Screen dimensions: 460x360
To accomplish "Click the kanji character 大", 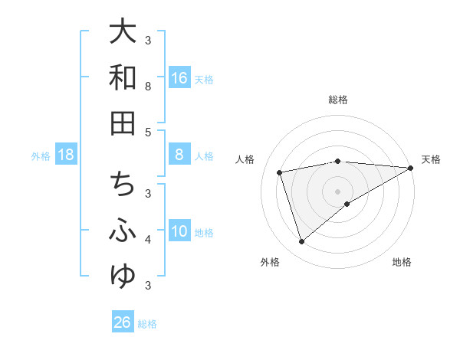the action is point(123,32).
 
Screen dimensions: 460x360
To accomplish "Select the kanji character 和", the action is point(123,77).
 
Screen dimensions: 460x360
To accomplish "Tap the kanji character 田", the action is point(123,123).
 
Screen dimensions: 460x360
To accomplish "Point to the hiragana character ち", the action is point(123,185).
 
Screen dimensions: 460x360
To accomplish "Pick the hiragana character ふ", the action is point(123,231).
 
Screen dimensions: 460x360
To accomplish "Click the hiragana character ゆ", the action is point(123,276).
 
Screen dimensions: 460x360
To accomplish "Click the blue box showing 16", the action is point(179,78).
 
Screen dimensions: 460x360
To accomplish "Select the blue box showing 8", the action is point(179,155).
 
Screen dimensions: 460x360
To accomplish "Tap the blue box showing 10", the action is point(179,232).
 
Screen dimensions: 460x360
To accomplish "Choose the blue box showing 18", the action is point(66,155).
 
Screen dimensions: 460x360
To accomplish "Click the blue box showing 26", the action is point(123,322).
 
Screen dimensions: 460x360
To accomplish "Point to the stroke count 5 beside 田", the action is point(149,132).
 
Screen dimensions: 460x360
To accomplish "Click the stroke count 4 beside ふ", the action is point(149,240).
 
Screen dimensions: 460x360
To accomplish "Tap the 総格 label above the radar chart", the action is point(338,100).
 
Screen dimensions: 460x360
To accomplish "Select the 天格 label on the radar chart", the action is point(432,159).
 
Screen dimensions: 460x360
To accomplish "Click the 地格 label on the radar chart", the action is point(402,262).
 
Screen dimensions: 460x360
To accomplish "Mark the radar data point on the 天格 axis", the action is point(411,168).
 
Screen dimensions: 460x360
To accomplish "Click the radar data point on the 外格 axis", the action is point(301,242).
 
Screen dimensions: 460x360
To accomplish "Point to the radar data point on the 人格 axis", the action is point(281,172).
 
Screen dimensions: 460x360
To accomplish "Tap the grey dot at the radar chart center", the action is point(338,191).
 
